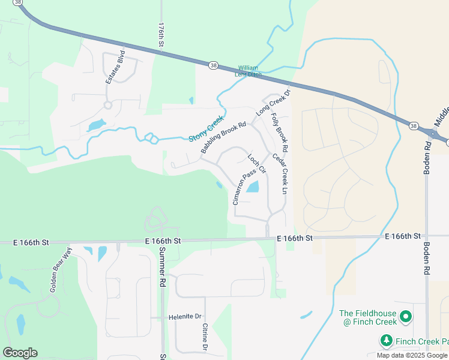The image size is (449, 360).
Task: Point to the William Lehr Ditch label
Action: coord(250,71)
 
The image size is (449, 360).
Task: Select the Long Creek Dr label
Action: coord(273,102)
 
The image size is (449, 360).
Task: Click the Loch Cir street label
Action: coord(256,164)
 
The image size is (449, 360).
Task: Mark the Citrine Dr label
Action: coord(205,337)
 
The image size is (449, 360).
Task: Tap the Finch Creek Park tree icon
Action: coord(386,341)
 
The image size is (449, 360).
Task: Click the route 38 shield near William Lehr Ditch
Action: coord(213,65)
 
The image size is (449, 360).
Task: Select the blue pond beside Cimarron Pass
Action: coord(253,187)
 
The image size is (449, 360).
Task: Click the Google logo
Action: coord(20,352)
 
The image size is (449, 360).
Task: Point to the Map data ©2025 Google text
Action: coord(412,355)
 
